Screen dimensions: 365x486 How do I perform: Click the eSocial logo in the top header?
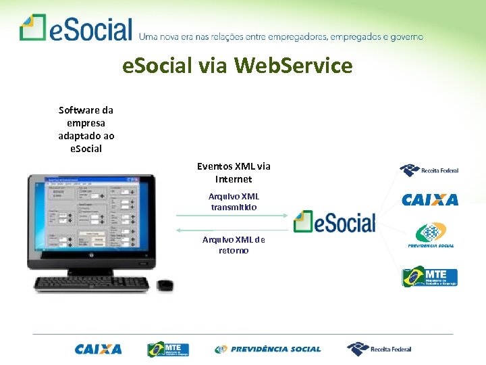(x=76, y=28)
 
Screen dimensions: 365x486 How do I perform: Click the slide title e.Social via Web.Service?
(x=237, y=66)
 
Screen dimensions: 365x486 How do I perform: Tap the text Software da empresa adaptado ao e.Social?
(x=86, y=129)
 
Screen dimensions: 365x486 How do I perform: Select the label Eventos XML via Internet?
(x=234, y=173)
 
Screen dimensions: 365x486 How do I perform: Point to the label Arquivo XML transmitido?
(x=234, y=201)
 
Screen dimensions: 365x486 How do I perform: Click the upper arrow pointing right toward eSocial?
(x=233, y=216)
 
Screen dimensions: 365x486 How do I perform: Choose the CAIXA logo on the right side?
(x=430, y=199)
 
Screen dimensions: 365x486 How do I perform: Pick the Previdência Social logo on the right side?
(x=431, y=235)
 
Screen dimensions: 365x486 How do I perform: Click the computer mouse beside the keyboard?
(x=165, y=285)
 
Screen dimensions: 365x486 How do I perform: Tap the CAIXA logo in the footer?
(x=99, y=349)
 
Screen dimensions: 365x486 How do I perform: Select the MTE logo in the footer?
(x=169, y=349)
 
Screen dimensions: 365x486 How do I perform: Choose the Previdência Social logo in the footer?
(x=268, y=349)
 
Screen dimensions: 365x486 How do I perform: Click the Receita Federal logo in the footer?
(x=379, y=349)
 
